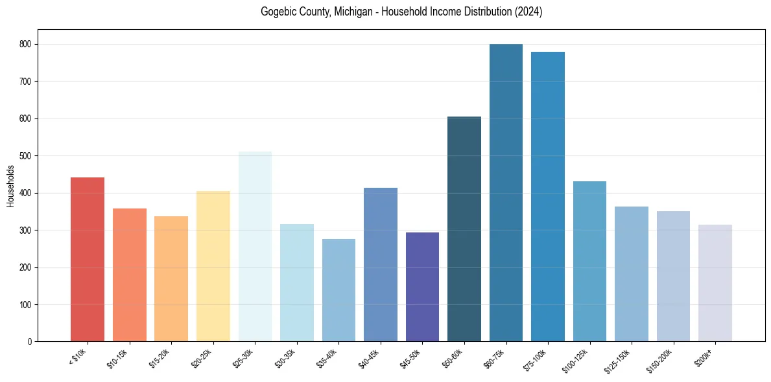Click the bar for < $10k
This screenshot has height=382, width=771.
[x=88, y=259]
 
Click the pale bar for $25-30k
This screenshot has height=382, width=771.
[x=255, y=247]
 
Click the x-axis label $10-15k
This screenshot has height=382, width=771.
[x=118, y=357]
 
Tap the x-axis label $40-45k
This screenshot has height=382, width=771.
[x=369, y=357]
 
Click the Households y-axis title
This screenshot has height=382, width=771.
[x=10, y=186]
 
